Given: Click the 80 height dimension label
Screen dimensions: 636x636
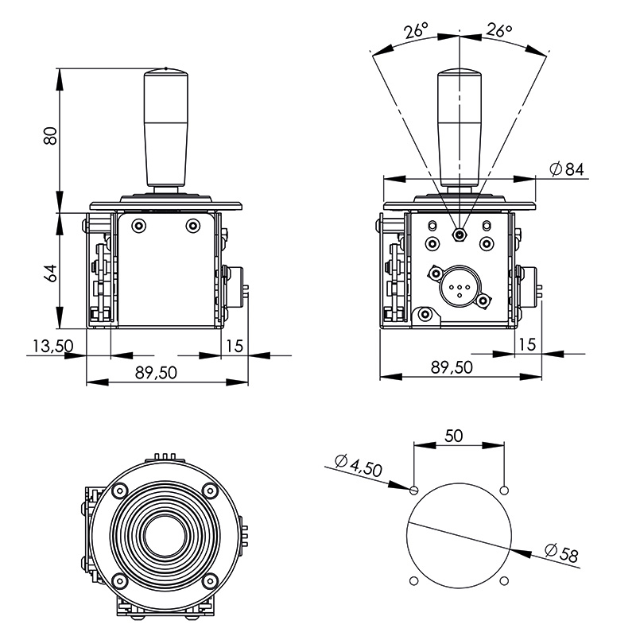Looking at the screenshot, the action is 50,136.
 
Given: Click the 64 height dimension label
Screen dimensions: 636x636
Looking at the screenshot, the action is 50,273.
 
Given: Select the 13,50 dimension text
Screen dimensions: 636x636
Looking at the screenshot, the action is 52,347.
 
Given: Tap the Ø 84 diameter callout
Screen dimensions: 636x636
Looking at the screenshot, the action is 567,169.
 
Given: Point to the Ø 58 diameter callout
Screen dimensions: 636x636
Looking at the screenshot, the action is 561,553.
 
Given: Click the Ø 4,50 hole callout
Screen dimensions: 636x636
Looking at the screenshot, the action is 359,465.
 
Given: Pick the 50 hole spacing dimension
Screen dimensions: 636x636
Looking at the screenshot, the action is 453,436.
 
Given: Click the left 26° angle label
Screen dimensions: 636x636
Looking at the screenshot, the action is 416,30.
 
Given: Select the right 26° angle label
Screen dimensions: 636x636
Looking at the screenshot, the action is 499,30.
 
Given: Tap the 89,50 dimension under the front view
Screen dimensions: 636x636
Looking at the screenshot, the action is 156,373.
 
